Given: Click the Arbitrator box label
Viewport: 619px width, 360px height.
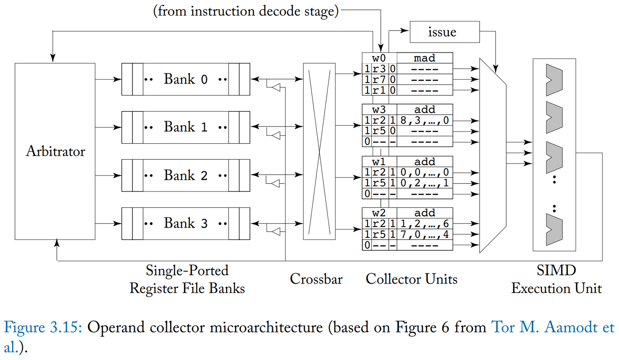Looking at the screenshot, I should pos(55,151).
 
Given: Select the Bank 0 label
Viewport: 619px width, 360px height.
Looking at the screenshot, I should pos(186,79).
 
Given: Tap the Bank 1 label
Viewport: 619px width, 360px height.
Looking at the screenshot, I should pos(186,127).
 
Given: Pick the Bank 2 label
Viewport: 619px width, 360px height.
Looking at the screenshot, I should pos(186,175).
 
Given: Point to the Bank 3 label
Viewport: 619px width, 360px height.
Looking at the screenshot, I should pos(186,224).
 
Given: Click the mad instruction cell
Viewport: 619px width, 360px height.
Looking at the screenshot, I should pos(425,58).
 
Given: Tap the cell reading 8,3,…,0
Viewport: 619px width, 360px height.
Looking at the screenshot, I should pos(425,120).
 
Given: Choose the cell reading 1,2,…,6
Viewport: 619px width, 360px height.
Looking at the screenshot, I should pos(425,224).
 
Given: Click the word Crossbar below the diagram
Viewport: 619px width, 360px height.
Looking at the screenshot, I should pos(316,279).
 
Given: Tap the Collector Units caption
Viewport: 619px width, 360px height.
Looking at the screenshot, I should pos(411,279).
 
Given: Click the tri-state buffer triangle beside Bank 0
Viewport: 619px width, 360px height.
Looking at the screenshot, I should pos(276,88).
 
